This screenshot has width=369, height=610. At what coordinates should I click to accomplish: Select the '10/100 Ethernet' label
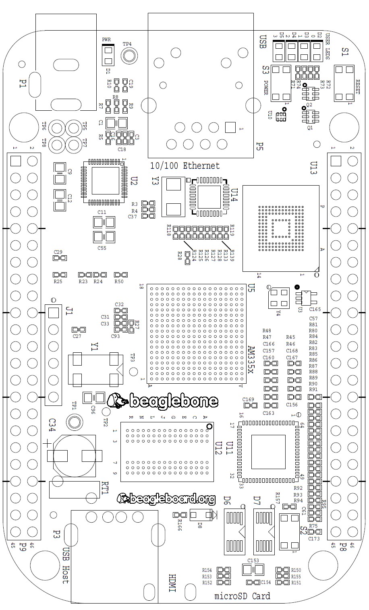[185, 165]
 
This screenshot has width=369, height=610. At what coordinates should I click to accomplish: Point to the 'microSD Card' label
[242, 596]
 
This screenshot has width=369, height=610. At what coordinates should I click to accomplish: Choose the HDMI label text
[172, 583]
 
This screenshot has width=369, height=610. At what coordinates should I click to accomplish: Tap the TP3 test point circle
[133, 371]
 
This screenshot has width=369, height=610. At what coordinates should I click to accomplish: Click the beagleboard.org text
[172, 498]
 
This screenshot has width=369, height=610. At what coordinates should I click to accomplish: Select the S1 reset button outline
[345, 84]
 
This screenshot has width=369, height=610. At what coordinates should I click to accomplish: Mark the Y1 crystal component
[95, 368]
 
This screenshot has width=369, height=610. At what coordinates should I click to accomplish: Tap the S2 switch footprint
[289, 532]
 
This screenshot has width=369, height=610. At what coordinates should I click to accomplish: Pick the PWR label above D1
[106, 39]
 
